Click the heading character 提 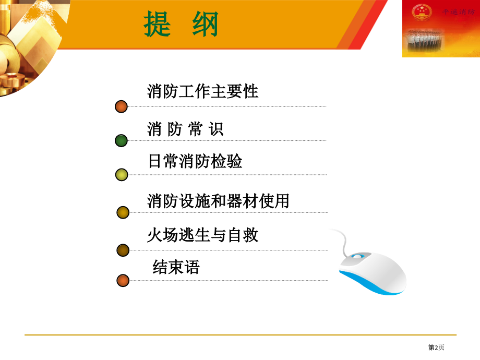tap(158, 25)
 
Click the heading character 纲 tap(205, 25)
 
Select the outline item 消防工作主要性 tap(202, 92)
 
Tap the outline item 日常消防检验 tap(195, 161)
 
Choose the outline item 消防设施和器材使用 tap(218, 200)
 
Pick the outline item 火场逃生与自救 tap(202, 235)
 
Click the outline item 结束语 tap(176, 268)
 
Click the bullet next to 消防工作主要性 tap(121, 106)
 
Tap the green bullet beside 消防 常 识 tap(121, 140)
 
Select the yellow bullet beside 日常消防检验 tap(122, 175)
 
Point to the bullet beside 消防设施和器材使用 tap(123, 212)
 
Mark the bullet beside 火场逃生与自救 tap(123, 250)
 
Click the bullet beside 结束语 tap(123, 280)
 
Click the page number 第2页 tap(436, 347)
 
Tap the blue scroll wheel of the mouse tap(357, 256)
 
